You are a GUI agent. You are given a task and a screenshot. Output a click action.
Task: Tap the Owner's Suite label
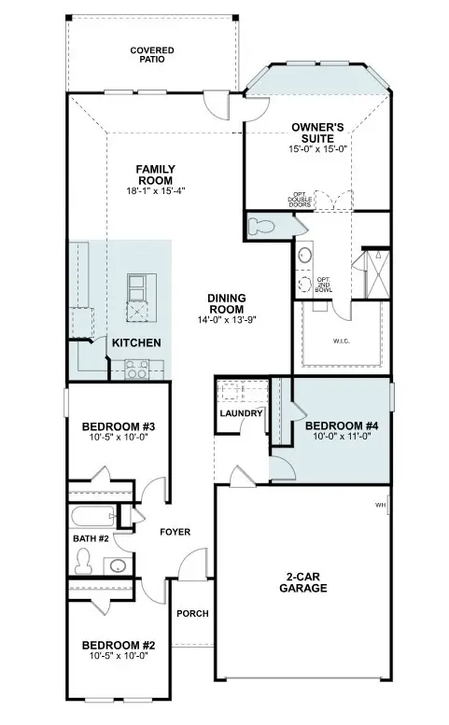[x=318, y=132]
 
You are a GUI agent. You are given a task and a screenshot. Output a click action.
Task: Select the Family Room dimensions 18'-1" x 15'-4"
[x=156, y=191]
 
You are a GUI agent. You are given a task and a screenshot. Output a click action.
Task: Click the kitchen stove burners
[x=136, y=371]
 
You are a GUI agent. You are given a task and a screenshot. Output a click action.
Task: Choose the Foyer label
[x=175, y=532]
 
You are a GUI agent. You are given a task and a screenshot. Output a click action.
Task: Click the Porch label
[x=192, y=613]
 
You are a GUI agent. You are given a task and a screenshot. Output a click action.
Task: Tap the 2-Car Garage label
[x=302, y=583]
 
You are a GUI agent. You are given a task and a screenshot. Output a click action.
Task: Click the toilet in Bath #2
[x=83, y=559]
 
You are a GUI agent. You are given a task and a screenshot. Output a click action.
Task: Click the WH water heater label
[x=380, y=505]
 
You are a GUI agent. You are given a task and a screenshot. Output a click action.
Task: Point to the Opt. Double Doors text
[x=301, y=198]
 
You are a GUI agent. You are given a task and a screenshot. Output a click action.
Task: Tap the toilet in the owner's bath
[x=260, y=225]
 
